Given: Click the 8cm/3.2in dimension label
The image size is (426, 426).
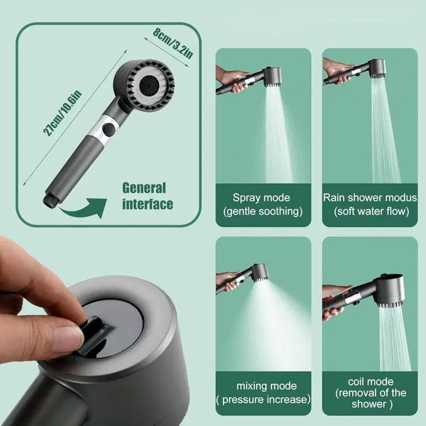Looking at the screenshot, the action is coord(173,43).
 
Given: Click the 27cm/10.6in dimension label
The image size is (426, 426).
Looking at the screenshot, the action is coord(62,113).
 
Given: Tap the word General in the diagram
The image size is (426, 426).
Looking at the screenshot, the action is coord(144,188).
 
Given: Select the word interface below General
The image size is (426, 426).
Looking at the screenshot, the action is coord(148,204).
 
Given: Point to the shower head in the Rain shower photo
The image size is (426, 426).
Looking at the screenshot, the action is coord(376,69).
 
